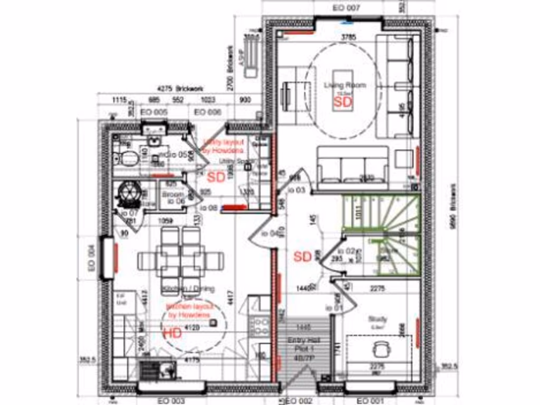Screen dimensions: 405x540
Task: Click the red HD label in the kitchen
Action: (172, 333)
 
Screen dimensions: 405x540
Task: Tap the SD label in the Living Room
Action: (343, 101)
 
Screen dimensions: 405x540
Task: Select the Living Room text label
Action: (345, 85)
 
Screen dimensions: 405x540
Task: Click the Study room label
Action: (378, 319)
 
